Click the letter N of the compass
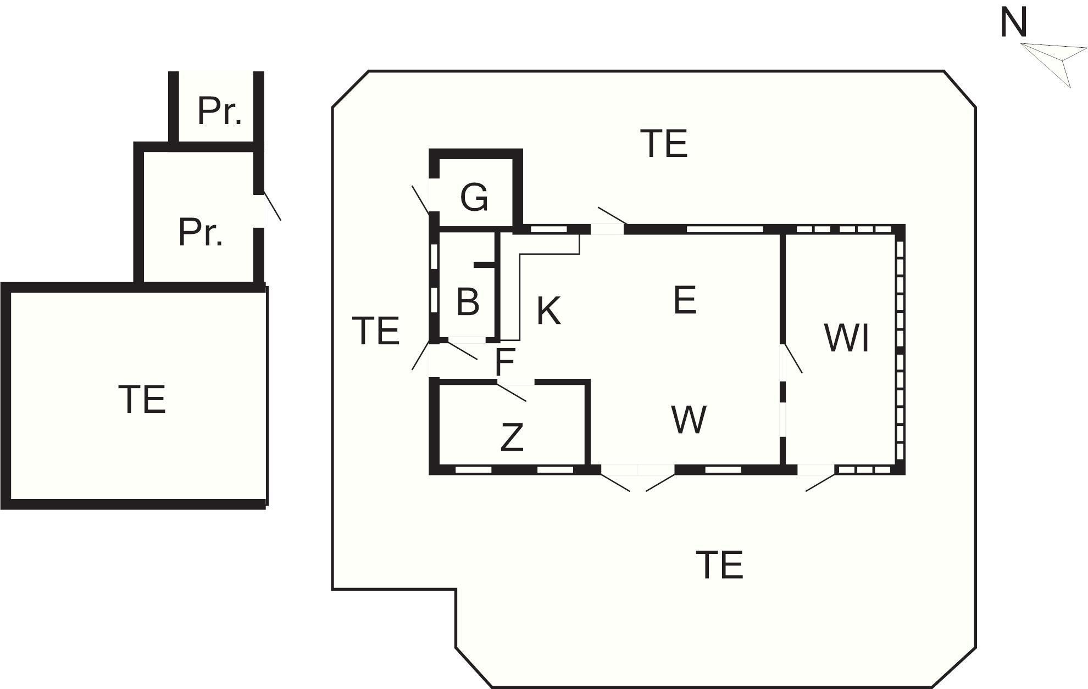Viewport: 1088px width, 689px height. [1013, 24]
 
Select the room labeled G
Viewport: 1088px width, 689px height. [474, 197]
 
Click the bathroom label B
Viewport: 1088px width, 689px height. [468, 301]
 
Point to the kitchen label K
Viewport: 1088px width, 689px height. [548, 311]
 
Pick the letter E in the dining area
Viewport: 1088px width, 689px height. [685, 300]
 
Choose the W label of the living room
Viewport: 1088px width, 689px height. [689, 419]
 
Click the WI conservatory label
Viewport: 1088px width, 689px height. [846, 338]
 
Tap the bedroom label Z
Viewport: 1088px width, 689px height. [512, 438]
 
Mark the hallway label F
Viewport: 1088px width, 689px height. [504, 361]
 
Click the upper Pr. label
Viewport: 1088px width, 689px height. [219, 111]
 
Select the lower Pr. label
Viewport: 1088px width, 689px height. [201, 232]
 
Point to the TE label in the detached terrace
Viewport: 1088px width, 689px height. [142, 399]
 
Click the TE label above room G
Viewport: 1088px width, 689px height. [664, 144]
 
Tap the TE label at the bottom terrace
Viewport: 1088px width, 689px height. [719, 565]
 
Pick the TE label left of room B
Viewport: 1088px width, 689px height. [376, 331]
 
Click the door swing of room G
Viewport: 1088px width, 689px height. [421, 200]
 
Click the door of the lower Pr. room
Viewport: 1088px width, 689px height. [272, 206]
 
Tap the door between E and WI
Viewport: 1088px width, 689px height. [793, 358]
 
